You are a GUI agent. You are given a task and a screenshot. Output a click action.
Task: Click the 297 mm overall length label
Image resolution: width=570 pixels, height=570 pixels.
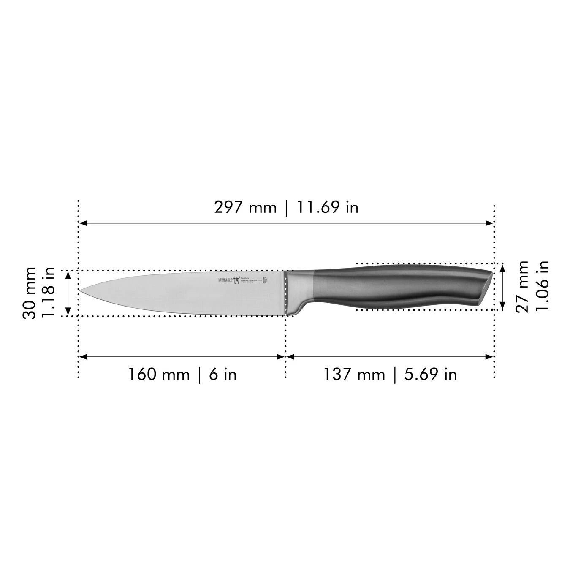245,207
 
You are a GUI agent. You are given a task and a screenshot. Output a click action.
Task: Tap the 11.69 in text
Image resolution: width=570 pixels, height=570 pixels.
328,207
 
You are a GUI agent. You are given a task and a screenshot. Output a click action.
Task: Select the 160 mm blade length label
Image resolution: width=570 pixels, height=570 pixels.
159,375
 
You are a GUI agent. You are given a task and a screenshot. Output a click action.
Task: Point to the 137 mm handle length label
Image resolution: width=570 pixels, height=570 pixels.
354,375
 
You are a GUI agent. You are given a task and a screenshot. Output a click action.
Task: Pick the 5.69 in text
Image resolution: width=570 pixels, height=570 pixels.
431,375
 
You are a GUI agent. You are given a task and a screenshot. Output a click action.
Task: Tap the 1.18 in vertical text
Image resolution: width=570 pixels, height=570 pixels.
49,293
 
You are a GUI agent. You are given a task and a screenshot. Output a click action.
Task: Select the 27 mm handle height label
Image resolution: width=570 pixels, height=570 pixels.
522,286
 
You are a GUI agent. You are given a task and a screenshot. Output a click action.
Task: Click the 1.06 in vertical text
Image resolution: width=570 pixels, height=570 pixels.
542,286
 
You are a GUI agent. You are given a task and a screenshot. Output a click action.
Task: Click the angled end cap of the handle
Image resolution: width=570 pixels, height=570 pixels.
486,288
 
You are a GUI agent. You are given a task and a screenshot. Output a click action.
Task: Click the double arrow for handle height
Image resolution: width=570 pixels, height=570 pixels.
502,286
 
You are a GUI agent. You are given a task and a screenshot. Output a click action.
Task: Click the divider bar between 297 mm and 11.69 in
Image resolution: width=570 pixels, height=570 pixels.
287,208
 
